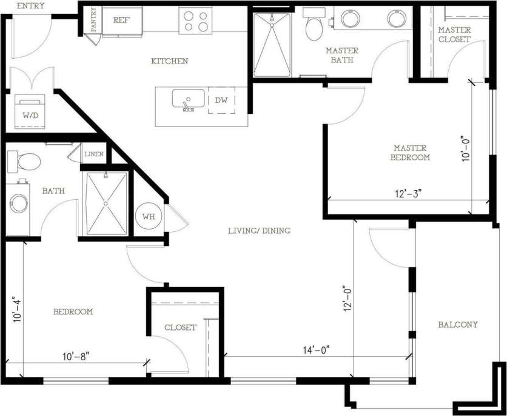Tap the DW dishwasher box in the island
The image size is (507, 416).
coord(221,101)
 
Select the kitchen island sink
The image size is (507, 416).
coord(189,99)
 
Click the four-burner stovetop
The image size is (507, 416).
coord(195,21)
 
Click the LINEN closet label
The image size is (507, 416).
coord(94,154)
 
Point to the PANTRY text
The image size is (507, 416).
coord(94,19)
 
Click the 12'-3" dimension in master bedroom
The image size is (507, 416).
coord(408,194)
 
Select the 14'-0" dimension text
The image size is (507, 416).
coord(316,349)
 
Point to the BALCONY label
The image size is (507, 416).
coord(458,325)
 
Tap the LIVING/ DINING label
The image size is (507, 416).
coord(259,231)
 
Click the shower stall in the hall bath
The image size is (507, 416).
coord(106,203)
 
